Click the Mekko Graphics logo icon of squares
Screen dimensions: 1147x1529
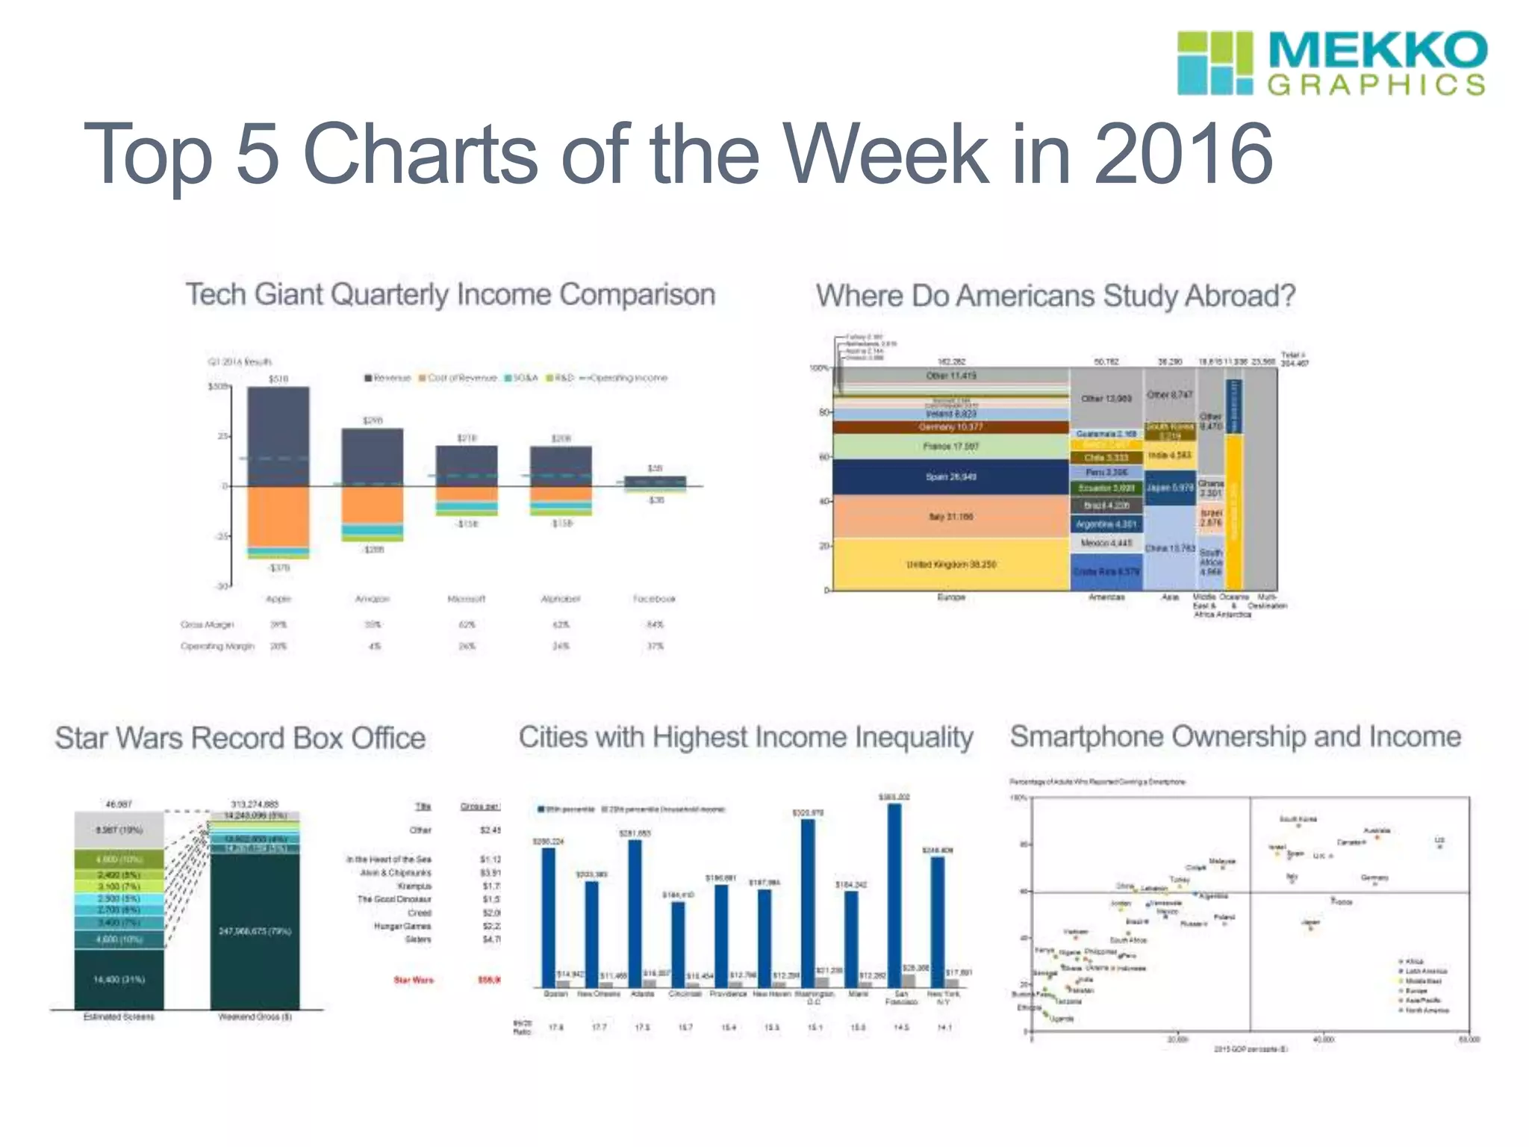[x=1215, y=63]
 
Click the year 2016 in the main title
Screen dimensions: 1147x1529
[x=1183, y=154]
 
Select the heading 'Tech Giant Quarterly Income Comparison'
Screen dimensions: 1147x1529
[x=450, y=294]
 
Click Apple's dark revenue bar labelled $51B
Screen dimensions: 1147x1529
[x=278, y=433]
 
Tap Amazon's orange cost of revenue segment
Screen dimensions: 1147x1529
[x=373, y=505]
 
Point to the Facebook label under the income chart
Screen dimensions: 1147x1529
[x=654, y=599]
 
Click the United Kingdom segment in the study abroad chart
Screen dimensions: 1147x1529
[x=951, y=565]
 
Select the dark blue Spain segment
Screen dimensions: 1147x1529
[x=951, y=476]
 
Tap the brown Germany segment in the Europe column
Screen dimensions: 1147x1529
[x=951, y=427]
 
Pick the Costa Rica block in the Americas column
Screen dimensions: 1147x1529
[x=1106, y=572]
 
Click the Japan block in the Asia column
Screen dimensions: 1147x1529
[x=1170, y=488]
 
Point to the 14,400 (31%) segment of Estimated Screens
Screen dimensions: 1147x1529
[x=119, y=979]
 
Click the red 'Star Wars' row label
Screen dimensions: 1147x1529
[x=414, y=980]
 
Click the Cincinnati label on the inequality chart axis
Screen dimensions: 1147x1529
[x=685, y=994]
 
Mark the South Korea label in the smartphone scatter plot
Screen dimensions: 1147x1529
[x=1298, y=819]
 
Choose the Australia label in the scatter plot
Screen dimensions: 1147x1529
[x=1377, y=830]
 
